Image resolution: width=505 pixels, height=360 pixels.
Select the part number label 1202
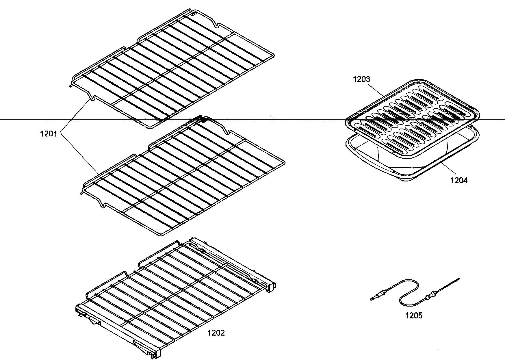click(x=216, y=333)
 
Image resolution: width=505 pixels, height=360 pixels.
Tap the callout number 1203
click(x=361, y=79)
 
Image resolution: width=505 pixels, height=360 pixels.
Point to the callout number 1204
click(x=459, y=180)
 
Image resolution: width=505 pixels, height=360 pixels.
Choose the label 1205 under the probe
click(x=414, y=316)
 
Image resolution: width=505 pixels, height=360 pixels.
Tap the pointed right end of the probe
click(x=459, y=279)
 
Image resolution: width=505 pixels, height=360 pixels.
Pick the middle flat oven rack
click(x=185, y=176)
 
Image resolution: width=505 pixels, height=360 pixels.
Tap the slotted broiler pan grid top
click(x=410, y=116)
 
